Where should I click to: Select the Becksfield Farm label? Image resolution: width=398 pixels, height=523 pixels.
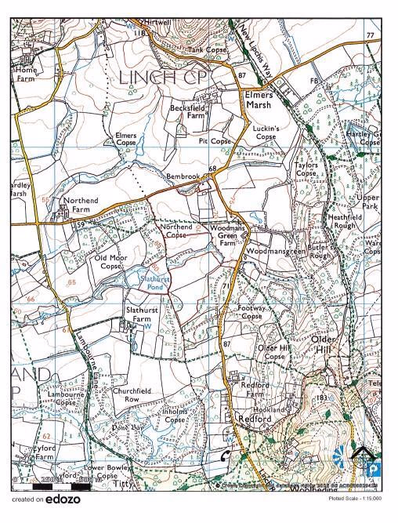(190, 110)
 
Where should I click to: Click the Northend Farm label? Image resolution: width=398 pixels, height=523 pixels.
(81, 205)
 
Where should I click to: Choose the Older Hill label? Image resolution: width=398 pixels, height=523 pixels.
(324, 344)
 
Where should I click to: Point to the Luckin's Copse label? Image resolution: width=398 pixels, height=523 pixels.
(266, 132)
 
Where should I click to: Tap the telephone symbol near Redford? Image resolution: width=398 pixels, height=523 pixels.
(226, 455)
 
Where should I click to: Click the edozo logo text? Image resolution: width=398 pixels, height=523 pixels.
(63, 499)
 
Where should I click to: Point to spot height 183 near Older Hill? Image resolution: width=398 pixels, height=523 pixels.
(320, 399)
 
